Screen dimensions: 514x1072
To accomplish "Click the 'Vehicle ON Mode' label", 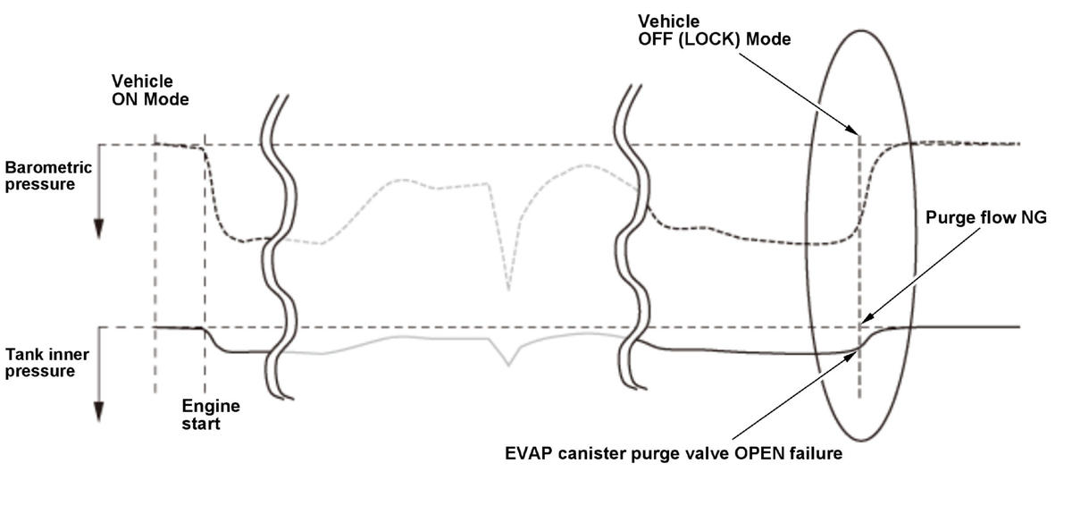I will (150, 90).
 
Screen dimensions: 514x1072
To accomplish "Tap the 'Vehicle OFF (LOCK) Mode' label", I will (714, 29).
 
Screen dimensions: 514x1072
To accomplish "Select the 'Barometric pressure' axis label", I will (48, 175).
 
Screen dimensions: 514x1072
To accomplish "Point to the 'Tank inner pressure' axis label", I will (47, 362).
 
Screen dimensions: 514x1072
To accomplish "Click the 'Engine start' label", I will (211, 415).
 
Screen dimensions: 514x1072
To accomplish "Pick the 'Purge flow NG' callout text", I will (985, 217).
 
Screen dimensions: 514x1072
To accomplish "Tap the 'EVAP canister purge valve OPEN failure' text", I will (674, 453).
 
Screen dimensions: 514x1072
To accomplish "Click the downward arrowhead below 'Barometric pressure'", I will (99, 230).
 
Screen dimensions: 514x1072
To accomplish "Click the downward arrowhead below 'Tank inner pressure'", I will (99, 412).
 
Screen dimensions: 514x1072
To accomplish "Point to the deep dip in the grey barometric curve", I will (509, 288).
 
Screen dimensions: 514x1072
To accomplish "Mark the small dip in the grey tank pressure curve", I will (509, 363).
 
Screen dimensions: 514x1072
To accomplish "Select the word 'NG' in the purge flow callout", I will (1033, 217).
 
